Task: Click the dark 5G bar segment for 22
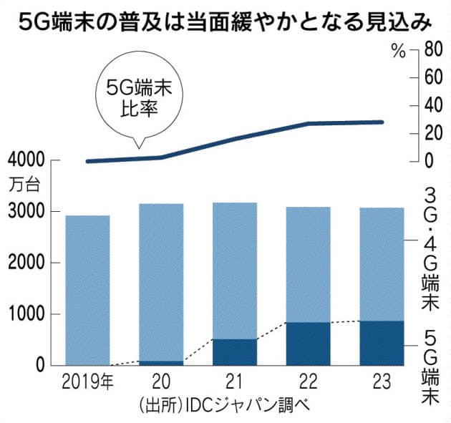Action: click(307, 344)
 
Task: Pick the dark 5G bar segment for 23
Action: click(382, 343)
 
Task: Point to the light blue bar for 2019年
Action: click(87, 290)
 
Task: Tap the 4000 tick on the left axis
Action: click(26, 160)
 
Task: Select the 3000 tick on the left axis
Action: click(26, 212)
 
